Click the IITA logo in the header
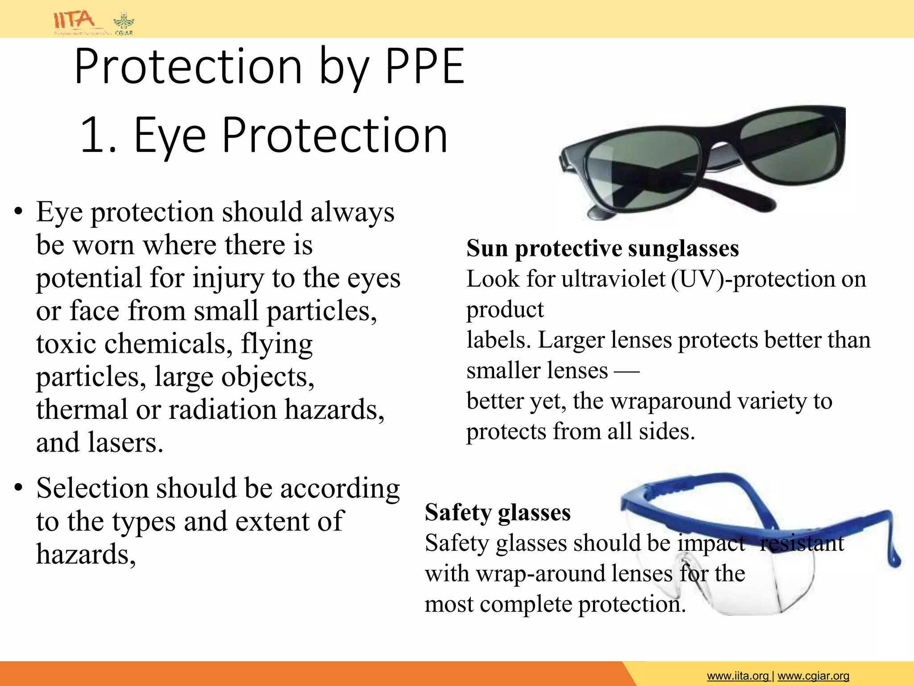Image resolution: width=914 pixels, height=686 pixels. click(74, 20)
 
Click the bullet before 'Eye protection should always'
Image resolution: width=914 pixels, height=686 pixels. click(18, 212)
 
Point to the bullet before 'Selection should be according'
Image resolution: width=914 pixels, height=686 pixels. click(18, 488)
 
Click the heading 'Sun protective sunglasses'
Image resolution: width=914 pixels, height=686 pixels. click(602, 248)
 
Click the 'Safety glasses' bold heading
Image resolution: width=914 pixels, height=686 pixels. click(498, 512)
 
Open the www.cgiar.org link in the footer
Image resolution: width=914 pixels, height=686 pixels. click(813, 676)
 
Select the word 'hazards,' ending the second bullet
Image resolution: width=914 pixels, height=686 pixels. click(86, 554)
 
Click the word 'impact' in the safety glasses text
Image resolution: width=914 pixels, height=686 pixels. click(711, 544)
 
